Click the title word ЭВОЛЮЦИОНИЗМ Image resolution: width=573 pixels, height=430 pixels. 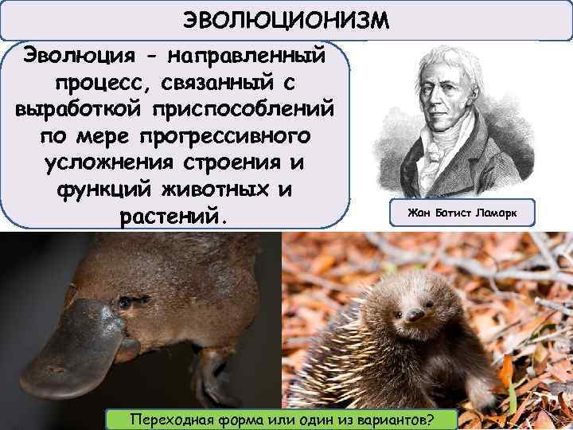point(286,18)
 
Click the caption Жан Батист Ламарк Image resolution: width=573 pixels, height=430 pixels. point(462,213)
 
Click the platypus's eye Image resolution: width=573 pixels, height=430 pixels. point(123,303)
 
